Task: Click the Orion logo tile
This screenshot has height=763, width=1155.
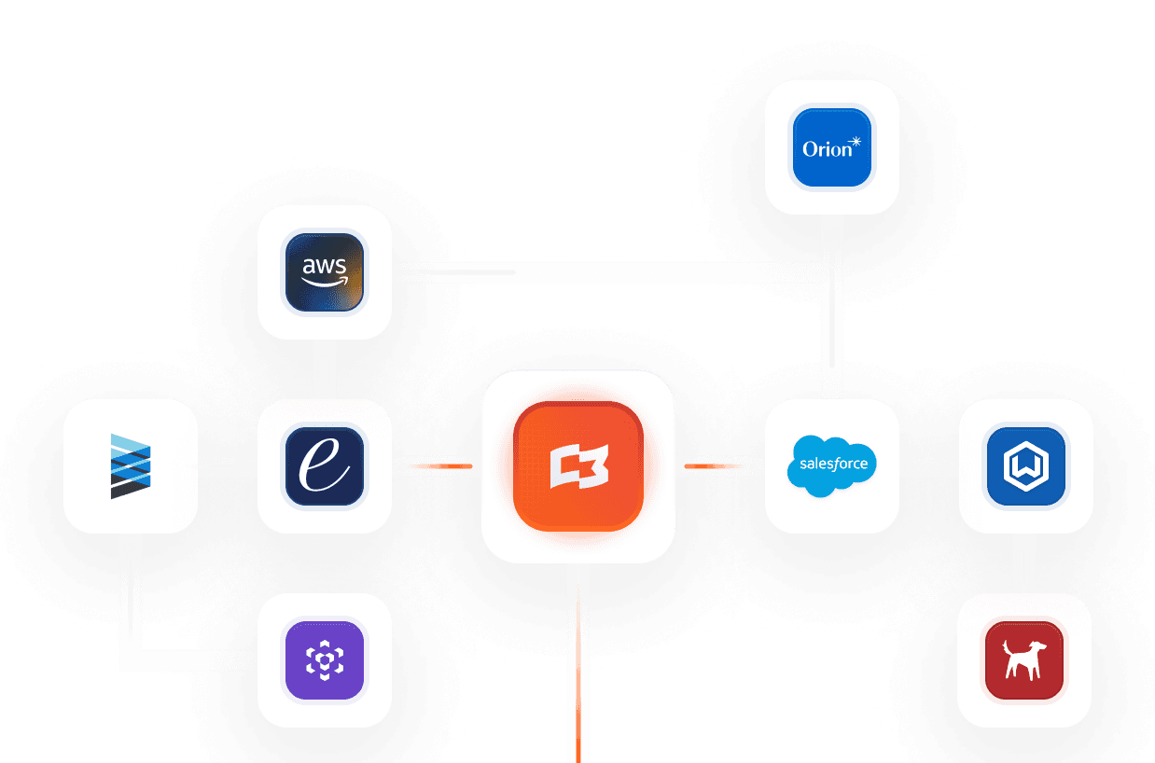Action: pyautogui.click(x=831, y=147)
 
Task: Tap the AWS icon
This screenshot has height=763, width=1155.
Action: pyautogui.click(x=324, y=271)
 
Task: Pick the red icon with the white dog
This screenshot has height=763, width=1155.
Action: pyautogui.click(x=1024, y=660)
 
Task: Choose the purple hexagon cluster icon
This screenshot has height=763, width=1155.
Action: pyautogui.click(x=324, y=660)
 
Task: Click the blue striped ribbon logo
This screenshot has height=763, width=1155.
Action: pyautogui.click(x=130, y=465)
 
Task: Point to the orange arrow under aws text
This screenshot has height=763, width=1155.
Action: pyautogui.click(x=324, y=279)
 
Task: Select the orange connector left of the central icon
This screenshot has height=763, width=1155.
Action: pyautogui.click(x=437, y=465)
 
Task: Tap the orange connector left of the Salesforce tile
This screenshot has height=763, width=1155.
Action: pyautogui.click(x=718, y=465)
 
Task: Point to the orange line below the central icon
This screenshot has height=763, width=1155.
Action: pyautogui.click(x=578, y=662)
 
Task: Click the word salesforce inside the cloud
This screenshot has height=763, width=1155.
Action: pyautogui.click(x=833, y=464)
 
